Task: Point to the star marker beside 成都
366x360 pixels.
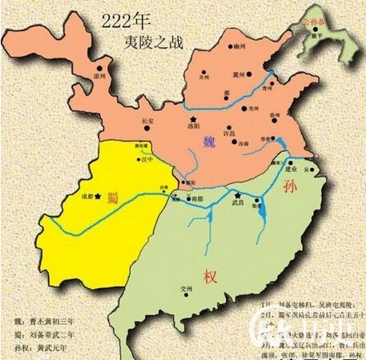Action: tap(98, 196)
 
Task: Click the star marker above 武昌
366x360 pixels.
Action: tap(238, 194)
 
